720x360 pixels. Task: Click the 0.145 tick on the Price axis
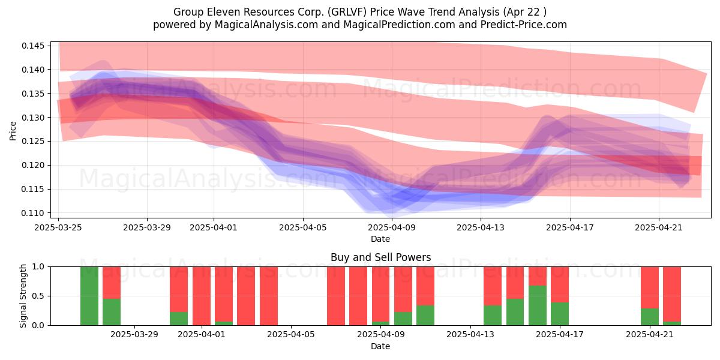pyautogui.click(x=33, y=46)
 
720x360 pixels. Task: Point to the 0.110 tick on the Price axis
pyautogui.click(x=33, y=213)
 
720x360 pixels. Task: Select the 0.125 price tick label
pyautogui.click(x=33, y=141)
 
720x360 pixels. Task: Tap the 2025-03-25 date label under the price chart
pyautogui.click(x=58, y=227)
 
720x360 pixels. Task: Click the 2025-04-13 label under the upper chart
pyautogui.click(x=481, y=227)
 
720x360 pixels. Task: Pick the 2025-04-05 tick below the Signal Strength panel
pyautogui.click(x=291, y=334)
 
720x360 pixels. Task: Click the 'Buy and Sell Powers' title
pyautogui.click(x=380, y=257)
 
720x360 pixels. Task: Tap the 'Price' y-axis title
pyautogui.click(x=13, y=131)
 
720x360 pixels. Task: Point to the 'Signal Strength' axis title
pyautogui.click(x=23, y=296)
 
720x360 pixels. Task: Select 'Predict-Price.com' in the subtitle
pyautogui.click(x=524, y=25)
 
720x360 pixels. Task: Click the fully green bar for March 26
pyautogui.click(x=89, y=296)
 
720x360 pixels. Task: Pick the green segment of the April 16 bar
pyautogui.click(x=538, y=305)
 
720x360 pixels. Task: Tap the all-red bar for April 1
pyautogui.click(x=202, y=296)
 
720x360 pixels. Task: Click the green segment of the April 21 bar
pyautogui.click(x=650, y=317)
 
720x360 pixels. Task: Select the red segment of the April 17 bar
pyautogui.click(x=560, y=284)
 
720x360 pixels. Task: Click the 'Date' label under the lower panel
pyautogui.click(x=380, y=346)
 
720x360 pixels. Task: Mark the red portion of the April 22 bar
pyautogui.click(x=672, y=294)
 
